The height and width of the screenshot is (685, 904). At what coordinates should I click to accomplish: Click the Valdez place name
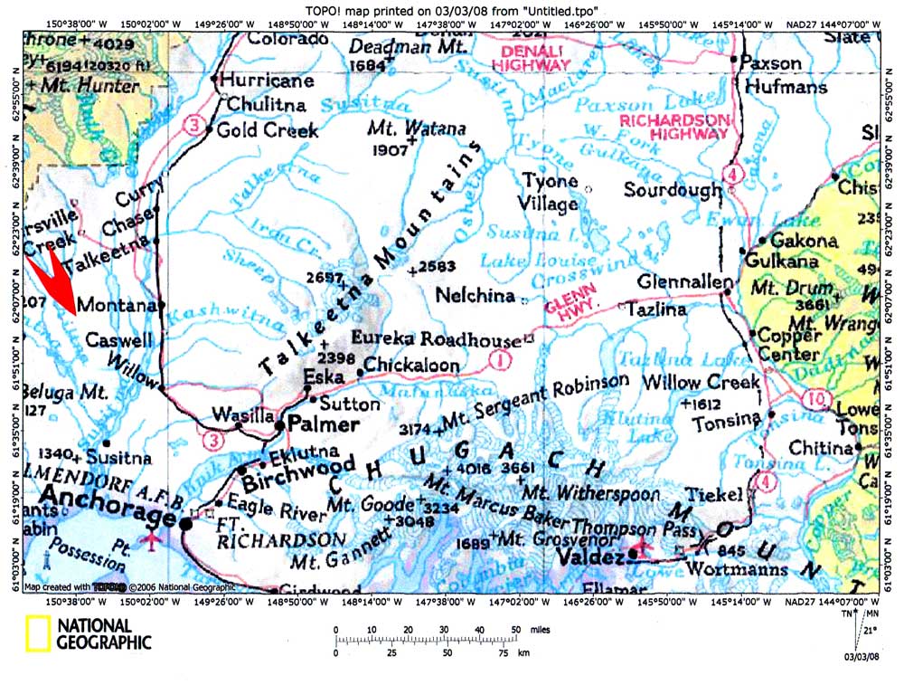click(591, 557)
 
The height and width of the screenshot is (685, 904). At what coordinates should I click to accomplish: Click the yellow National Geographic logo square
click(37, 633)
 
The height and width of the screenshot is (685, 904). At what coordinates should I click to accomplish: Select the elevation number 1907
click(390, 150)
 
